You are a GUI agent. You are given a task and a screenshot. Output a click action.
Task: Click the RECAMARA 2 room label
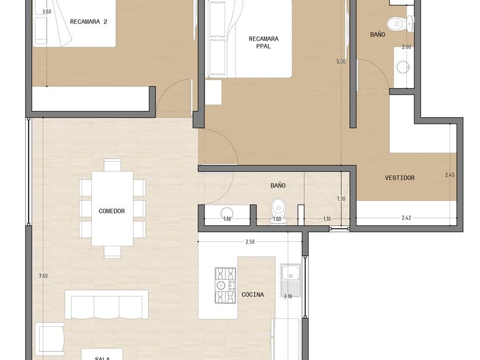coord(89,22)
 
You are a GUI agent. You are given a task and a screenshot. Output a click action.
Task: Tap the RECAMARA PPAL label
coord(263,42)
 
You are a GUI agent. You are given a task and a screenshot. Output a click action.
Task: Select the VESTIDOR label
coord(400,178)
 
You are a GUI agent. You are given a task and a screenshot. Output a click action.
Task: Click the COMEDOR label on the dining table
coord(112,211)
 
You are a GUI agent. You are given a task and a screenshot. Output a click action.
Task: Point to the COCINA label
coord(253,294)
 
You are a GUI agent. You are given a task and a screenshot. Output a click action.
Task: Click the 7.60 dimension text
coord(43,276)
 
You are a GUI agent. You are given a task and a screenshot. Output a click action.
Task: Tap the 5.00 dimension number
coord(341,62)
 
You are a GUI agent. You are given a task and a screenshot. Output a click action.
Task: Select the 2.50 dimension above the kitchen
coord(250,242)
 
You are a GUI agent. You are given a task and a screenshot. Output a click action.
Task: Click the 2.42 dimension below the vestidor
coord(406,218)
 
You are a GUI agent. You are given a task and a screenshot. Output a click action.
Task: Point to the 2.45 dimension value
coord(450,175)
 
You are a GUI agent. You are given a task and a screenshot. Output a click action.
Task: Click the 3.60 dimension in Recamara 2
coord(46,12)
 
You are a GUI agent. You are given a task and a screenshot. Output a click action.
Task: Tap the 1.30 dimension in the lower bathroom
coord(341,199)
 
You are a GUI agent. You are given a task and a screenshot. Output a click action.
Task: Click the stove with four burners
coord(226,285)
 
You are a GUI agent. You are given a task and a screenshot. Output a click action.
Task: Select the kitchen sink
coord(290,281)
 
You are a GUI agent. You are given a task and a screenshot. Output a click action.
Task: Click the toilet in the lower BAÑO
coord(278,211)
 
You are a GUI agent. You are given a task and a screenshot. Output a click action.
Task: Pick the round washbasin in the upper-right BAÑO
coord(403,67)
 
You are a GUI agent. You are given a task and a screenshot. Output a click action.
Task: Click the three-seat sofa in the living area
coord(106,305)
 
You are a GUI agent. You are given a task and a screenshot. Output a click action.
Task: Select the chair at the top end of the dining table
coord(112,165)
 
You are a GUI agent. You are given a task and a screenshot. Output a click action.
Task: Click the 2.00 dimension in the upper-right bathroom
coord(406,47)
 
